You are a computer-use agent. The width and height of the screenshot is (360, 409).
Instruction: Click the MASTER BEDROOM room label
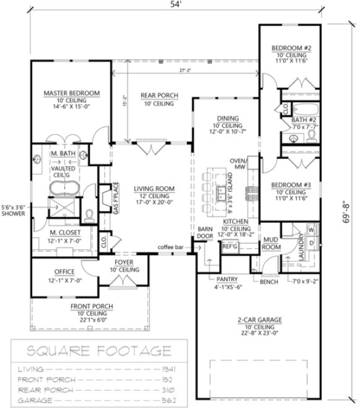72,93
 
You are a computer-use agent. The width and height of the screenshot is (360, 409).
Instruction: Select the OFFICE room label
64,272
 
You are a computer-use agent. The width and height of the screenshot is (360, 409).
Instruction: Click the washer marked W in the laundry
310,230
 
